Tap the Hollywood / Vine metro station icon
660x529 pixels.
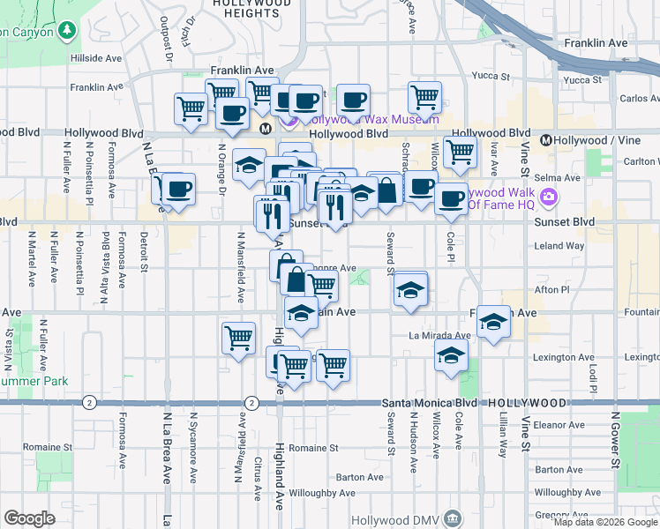(546, 139)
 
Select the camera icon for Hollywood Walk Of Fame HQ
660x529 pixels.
(550, 195)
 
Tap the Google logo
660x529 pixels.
(29, 518)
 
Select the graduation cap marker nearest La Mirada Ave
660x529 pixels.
(452, 356)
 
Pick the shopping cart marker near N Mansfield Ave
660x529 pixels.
(239, 338)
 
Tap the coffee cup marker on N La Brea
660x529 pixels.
(178, 189)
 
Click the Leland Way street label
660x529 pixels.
(559, 246)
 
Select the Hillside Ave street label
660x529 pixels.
(98, 57)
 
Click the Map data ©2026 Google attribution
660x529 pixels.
(606, 522)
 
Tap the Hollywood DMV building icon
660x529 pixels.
(454, 517)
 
